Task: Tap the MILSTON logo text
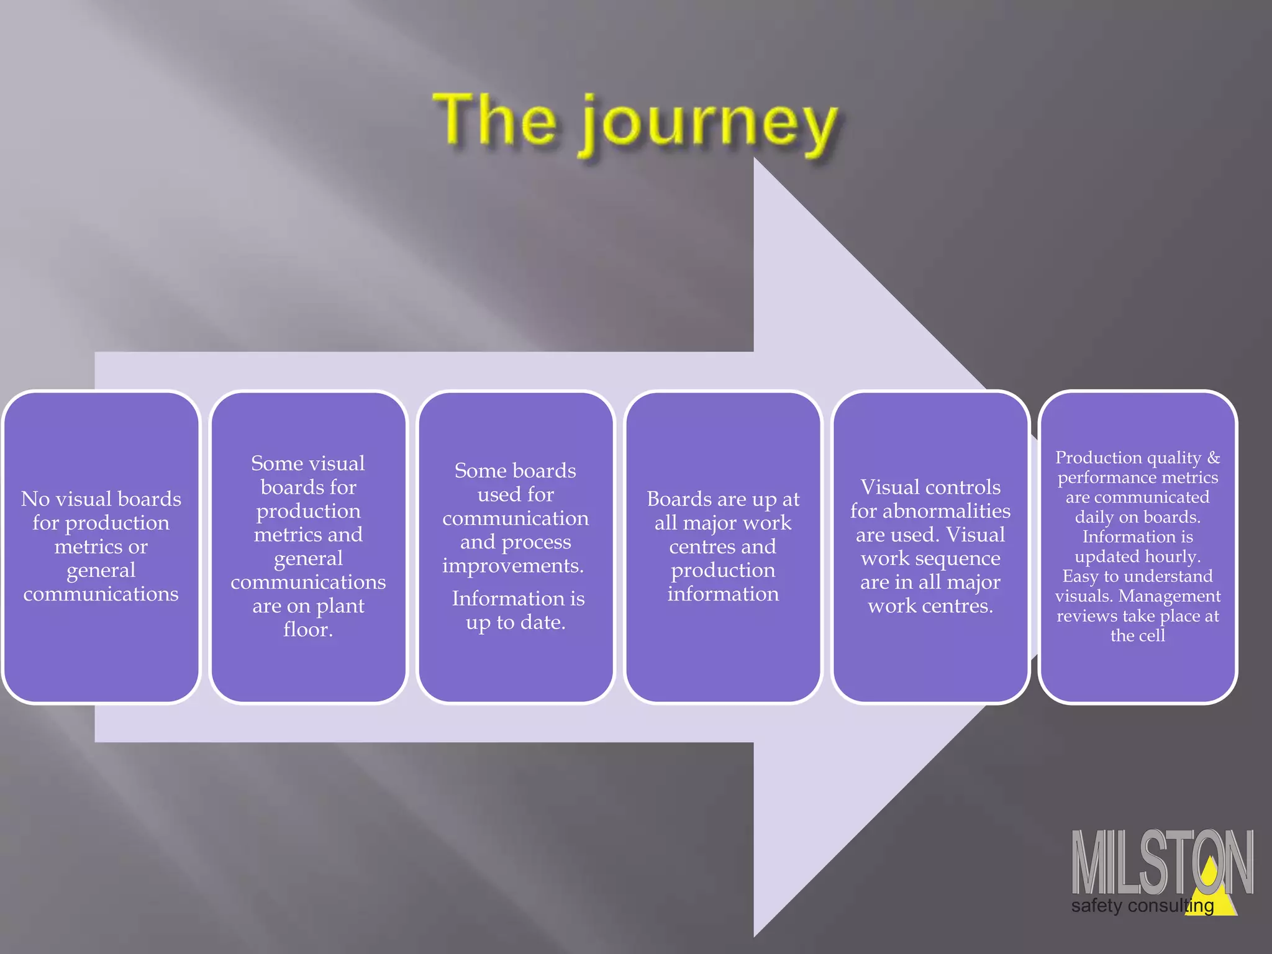[x=1161, y=863]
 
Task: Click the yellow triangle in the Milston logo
[x=1212, y=888]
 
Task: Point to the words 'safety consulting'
[x=1142, y=906]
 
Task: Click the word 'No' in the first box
[x=35, y=499]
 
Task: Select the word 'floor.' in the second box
[x=308, y=630]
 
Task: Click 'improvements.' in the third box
[x=513, y=566]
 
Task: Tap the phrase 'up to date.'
[x=516, y=622]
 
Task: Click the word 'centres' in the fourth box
[x=701, y=547]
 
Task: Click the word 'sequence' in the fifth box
[x=963, y=558]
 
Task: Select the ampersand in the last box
[x=1213, y=458]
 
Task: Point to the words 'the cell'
[x=1137, y=635]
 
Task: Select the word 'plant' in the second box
[x=340, y=606]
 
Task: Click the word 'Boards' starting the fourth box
[x=679, y=499]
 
